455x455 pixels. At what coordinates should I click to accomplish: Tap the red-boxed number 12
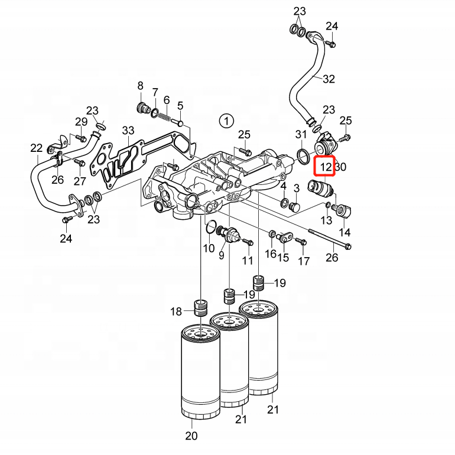click(x=325, y=167)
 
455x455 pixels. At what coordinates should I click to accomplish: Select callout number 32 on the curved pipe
click(x=329, y=79)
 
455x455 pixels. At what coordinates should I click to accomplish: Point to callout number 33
click(x=129, y=131)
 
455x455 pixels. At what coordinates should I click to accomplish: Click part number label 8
click(x=141, y=86)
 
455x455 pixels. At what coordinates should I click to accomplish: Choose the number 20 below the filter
click(x=191, y=437)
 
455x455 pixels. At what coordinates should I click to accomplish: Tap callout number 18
click(x=177, y=311)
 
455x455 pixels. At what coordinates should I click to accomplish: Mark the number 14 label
click(x=344, y=232)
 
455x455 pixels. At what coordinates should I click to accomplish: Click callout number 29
click(x=81, y=122)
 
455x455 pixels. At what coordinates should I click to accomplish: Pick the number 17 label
click(x=304, y=261)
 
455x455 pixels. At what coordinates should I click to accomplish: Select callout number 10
click(x=209, y=248)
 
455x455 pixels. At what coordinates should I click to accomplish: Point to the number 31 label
click(x=301, y=134)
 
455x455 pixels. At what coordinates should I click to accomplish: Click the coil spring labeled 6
click(x=167, y=118)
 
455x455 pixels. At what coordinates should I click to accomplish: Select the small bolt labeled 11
click(x=248, y=242)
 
